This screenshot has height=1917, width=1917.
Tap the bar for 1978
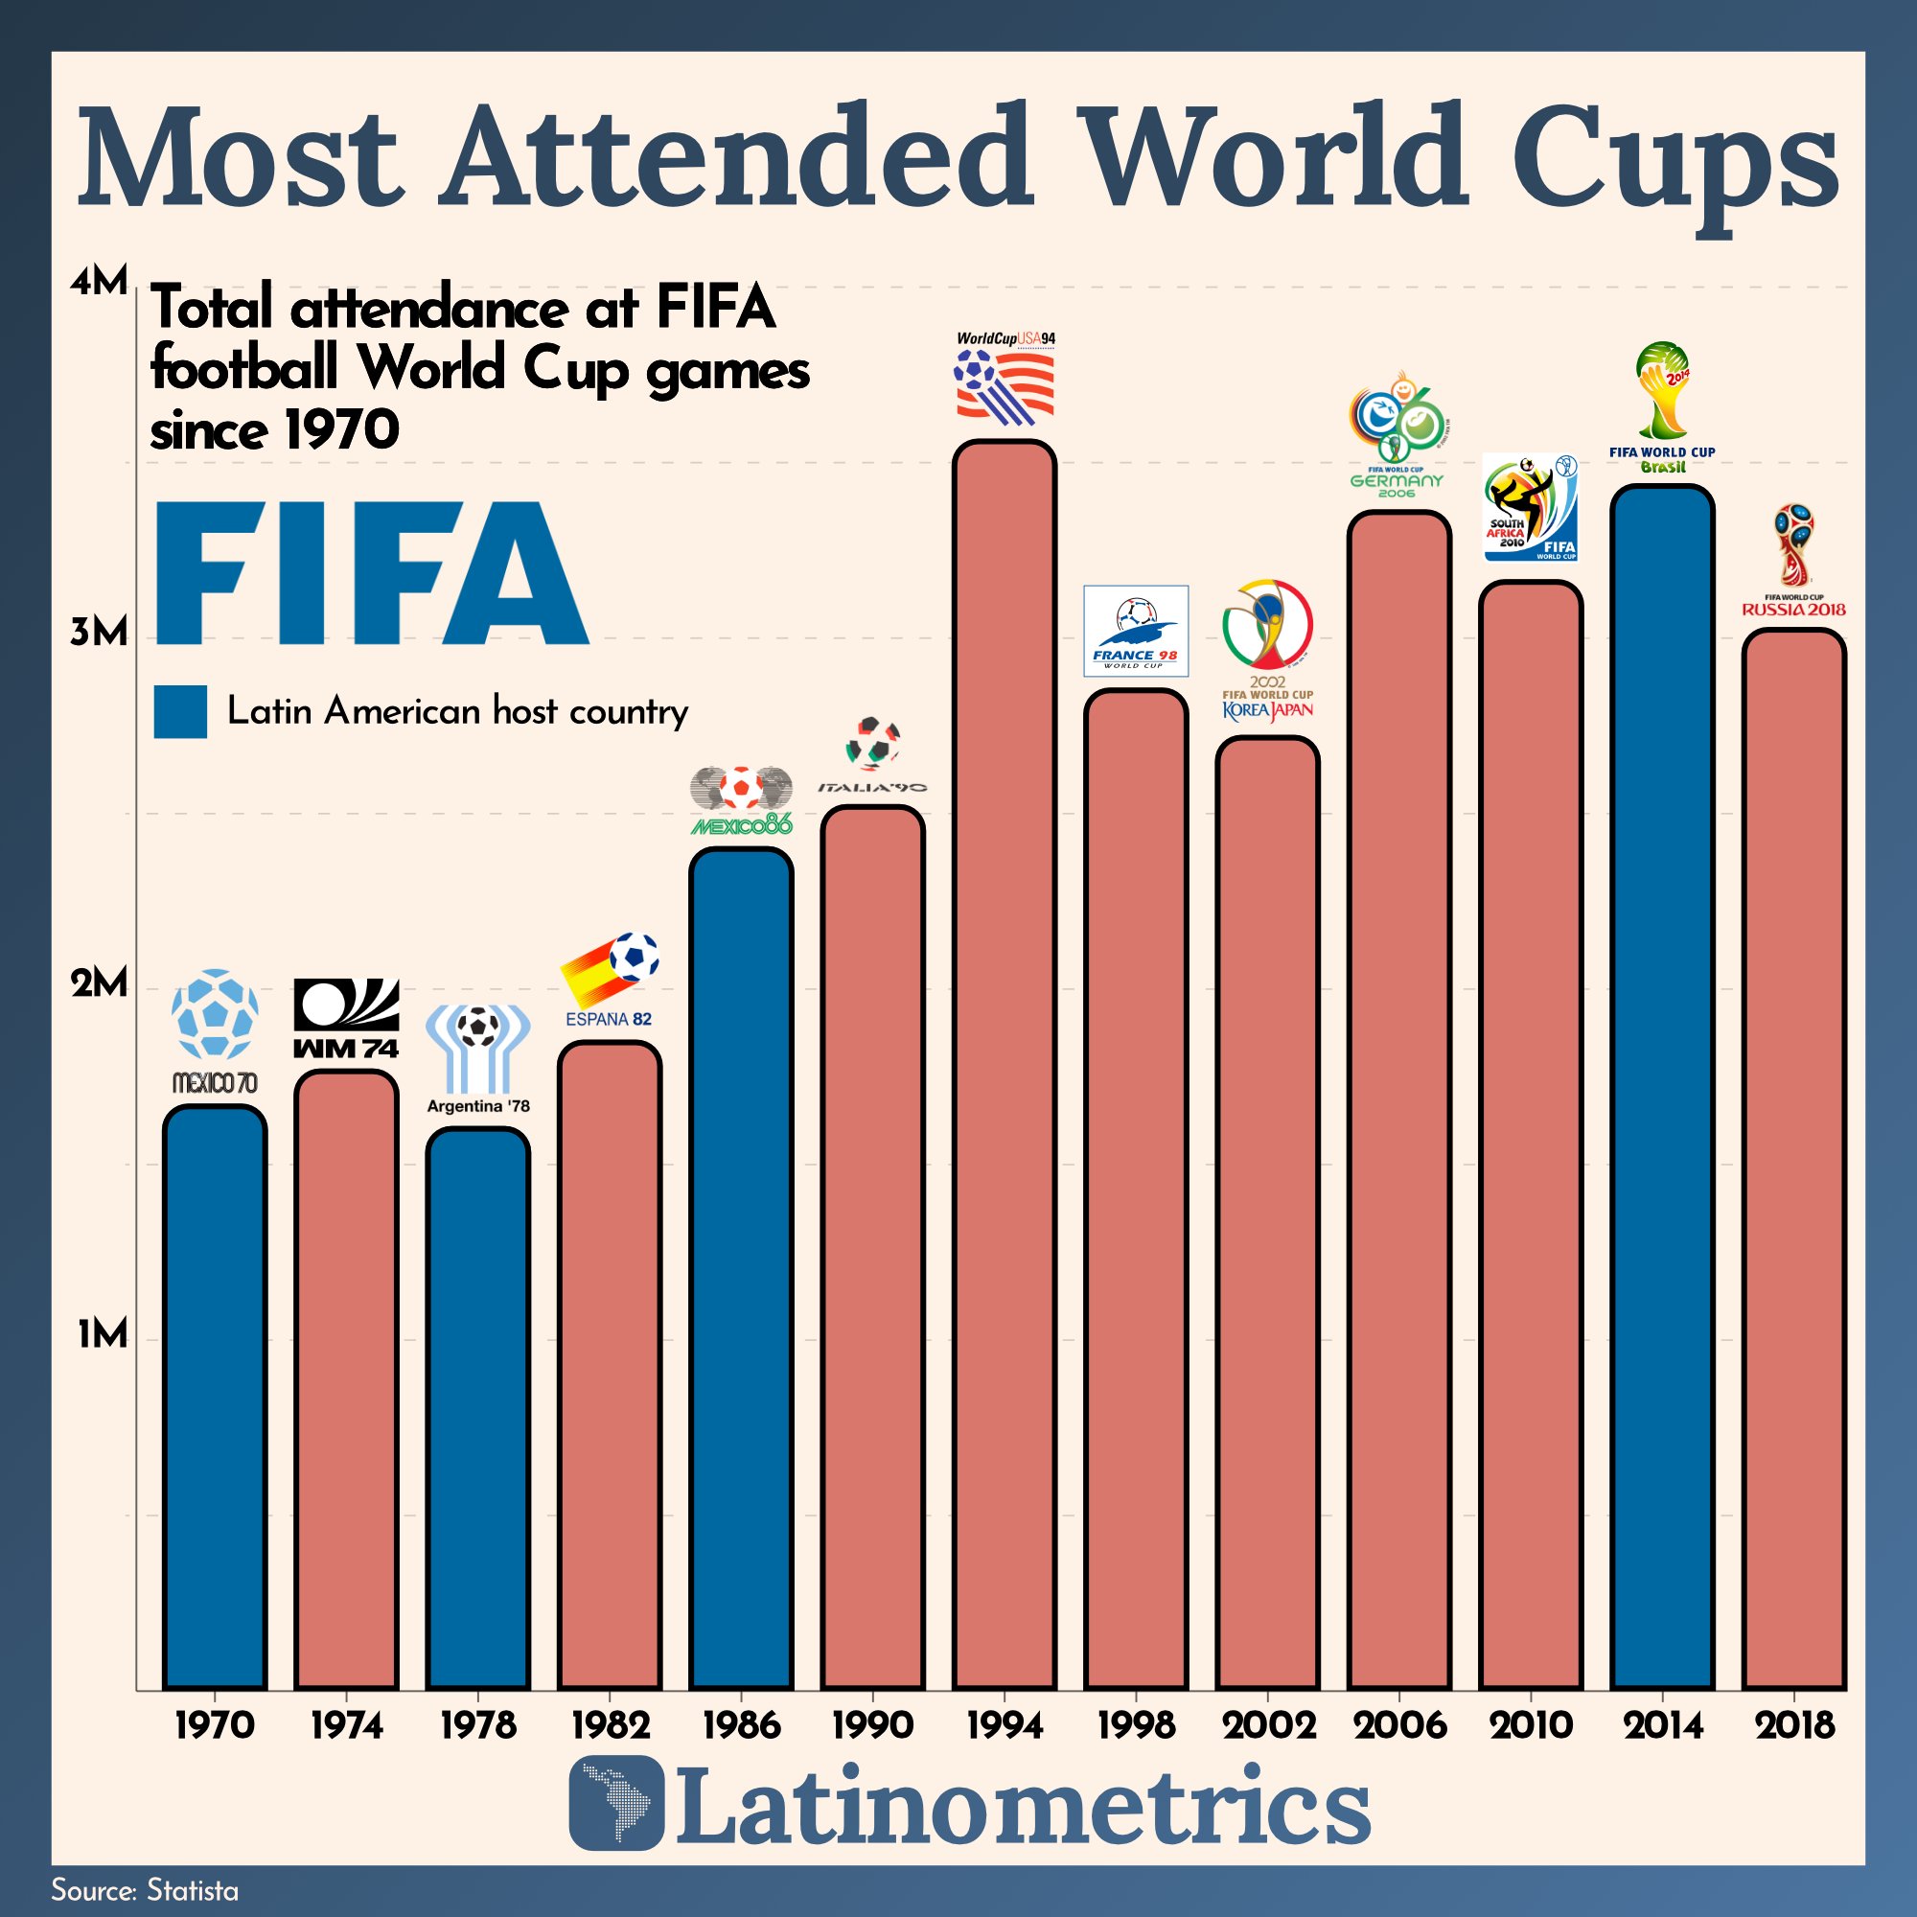coord(477,1409)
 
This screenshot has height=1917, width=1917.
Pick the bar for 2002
coord(1267,1211)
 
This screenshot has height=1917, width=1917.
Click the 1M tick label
coord(104,1335)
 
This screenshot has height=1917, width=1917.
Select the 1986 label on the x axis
coord(741,1725)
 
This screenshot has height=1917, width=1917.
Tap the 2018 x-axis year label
coord(1795,1725)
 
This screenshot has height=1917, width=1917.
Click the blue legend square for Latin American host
coord(179,711)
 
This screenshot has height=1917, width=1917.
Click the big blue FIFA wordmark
coord(372,573)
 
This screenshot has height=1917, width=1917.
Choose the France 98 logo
coord(1135,631)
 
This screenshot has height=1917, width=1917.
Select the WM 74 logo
coord(346,1018)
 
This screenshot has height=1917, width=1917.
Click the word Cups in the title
coord(1674,159)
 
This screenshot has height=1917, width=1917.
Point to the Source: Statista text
coord(145,1890)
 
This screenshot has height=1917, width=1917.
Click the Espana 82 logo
coord(610,979)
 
